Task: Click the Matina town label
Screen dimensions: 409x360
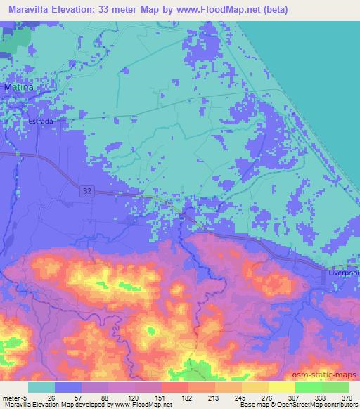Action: [x=18, y=87]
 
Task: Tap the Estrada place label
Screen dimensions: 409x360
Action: [x=41, y=121]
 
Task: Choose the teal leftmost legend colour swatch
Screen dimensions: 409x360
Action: [x=41, y=387]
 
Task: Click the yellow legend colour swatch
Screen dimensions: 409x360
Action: [x=281, y=387]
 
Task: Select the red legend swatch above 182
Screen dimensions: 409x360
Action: [x=174, y=387]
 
